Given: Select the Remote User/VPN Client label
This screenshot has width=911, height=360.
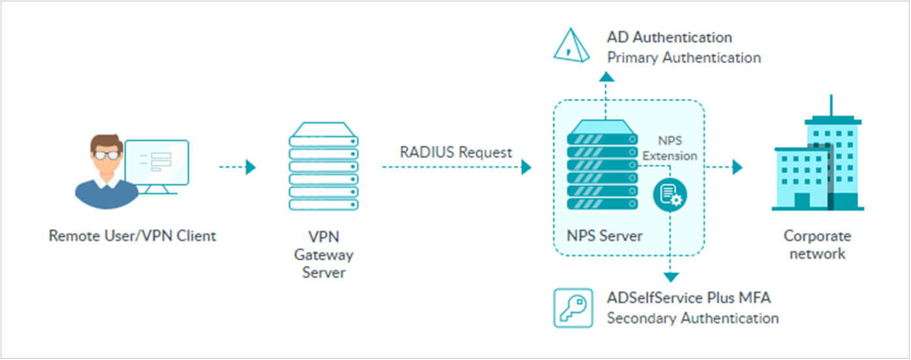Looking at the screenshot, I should tap(132, 236).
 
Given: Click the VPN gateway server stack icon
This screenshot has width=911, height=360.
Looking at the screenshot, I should tap(323, 167).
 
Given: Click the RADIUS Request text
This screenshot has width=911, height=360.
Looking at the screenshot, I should tap(456, 152).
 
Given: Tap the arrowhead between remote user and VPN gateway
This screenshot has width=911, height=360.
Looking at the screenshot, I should tap(251, 167).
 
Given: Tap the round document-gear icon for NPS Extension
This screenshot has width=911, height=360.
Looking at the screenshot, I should tap(670, 195).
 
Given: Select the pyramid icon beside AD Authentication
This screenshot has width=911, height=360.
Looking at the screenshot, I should tap(571, 46).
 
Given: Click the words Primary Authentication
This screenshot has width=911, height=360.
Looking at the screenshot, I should tap(684, 57).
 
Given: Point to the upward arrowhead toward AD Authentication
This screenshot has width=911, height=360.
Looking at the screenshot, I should tap(606, 77).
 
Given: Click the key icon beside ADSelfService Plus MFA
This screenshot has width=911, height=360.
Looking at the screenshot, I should tap(573, 307).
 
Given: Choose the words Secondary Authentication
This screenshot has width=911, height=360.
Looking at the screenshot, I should tap(692, 318).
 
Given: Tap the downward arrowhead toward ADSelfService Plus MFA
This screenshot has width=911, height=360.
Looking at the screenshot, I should tap(671, 277).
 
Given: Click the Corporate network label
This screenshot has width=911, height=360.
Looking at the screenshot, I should tap(817, 245).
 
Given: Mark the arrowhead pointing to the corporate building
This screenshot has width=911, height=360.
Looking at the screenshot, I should tap(737, 167).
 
